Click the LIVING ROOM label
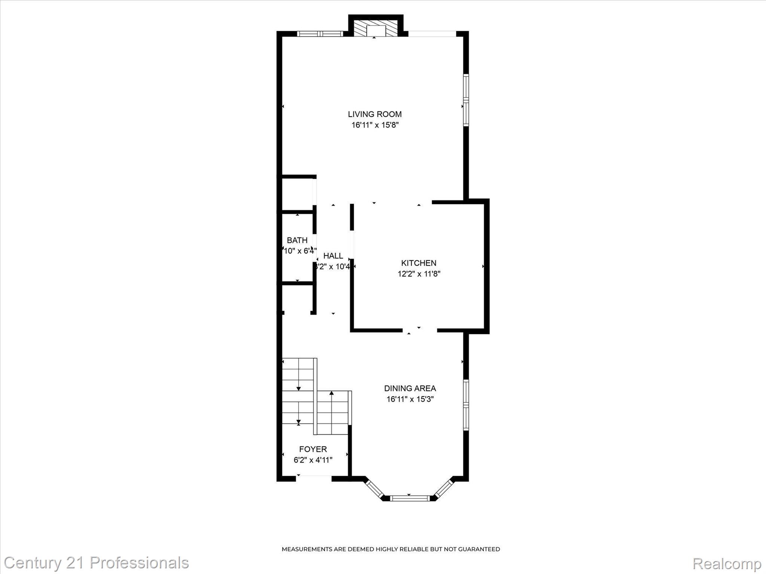coord(375,114)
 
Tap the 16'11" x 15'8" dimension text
coord(375,125)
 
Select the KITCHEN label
coord(419,263)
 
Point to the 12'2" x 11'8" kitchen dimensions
coord(419,274)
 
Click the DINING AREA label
coord(410,388)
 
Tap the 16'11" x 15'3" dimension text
coord(410,399)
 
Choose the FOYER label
coord(313,449)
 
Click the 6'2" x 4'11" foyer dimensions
coord(313,460)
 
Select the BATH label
coord(297,240)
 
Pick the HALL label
coord(333,256)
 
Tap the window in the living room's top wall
coord(320,34)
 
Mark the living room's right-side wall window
coord(466,100)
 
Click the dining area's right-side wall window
coord(466,405)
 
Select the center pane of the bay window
coord(410,498)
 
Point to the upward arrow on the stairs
coord(331,394)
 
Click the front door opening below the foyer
coord(314,477)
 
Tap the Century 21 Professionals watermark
coord(96,562)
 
